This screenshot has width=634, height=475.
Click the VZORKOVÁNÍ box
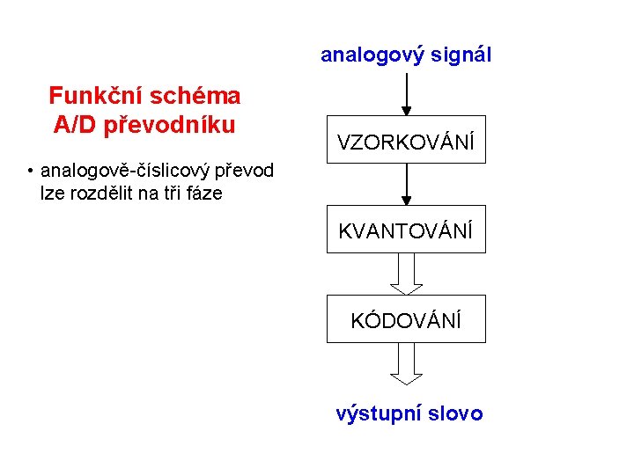pyautogui.click(x=406, y=140)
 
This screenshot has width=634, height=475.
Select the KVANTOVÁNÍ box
pyautogui.click(x=406, y=230)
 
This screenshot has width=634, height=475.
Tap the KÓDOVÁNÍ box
pyautogui.click(x=406, y=319)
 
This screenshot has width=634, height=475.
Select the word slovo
pyautogui.click(x=454, y=413)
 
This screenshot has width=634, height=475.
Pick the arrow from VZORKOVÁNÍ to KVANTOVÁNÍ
pyautogui.click(x=406, y=184)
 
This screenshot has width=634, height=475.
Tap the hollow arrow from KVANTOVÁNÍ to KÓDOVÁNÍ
pyautogui.click(x=406, y=274)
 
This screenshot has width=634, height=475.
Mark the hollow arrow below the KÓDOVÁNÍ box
pyautogui.click(x=406, y=363)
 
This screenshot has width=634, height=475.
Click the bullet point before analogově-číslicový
pyautogui.click(x=30, y=170)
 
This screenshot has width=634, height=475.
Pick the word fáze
pyautogui.click(x=203, y=193)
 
